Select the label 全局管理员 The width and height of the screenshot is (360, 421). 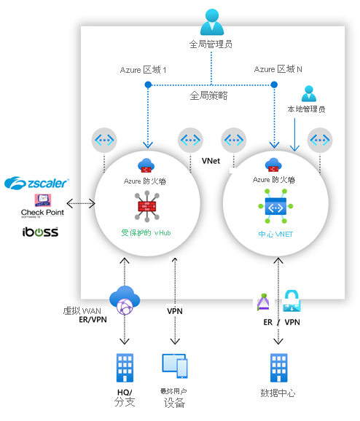coord(211,44)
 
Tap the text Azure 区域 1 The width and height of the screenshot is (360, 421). coord(144,70)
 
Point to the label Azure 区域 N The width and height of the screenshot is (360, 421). coord(278,70)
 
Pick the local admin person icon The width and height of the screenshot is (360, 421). coord(308,94)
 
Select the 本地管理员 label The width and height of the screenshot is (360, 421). coord(306,110)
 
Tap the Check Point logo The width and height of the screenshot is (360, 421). coord(42,205)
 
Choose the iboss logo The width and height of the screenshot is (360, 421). coord(40,232)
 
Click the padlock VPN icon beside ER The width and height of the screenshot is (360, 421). coord(292,300)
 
